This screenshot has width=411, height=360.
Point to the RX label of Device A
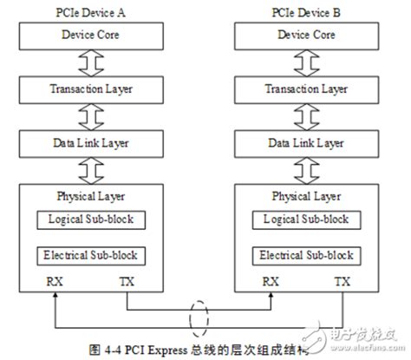click(54, 280)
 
